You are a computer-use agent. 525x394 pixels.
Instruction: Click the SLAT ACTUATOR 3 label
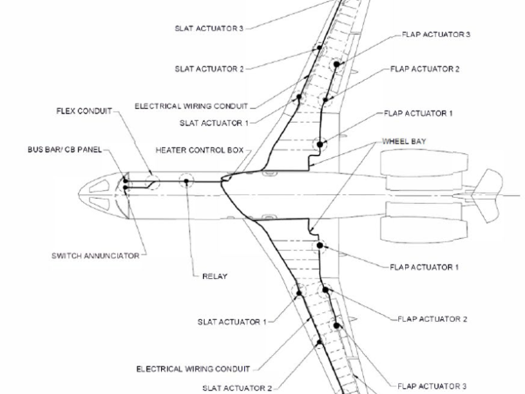tap(209, 29)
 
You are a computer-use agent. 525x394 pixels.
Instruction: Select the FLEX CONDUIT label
tap(84, 111)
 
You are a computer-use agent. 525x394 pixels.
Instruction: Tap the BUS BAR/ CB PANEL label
tap(64, 150)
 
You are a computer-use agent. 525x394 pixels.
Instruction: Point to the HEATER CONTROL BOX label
tap(200, 150)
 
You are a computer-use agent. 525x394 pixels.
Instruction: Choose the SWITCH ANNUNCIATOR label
tap(95, 256)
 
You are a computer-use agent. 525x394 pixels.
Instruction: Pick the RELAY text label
tap(214, 277)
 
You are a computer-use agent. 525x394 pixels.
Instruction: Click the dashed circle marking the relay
tap(187, 181)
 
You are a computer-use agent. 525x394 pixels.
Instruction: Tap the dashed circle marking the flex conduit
tap(151, 183)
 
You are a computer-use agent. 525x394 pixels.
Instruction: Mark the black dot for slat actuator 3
tap(319, 48)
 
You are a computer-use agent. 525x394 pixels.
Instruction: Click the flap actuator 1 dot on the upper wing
tap(320, 144)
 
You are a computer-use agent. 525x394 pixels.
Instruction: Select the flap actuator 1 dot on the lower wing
tap(320, 245)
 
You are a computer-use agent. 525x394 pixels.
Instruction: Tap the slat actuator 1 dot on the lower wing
tap(300, 293)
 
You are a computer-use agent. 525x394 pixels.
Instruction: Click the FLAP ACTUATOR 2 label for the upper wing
tap(425, 69)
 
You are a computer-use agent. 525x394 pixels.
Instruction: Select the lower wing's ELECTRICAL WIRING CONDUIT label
tap(193, 369)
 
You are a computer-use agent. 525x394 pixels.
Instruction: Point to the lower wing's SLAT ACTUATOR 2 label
tap(237, 388)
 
